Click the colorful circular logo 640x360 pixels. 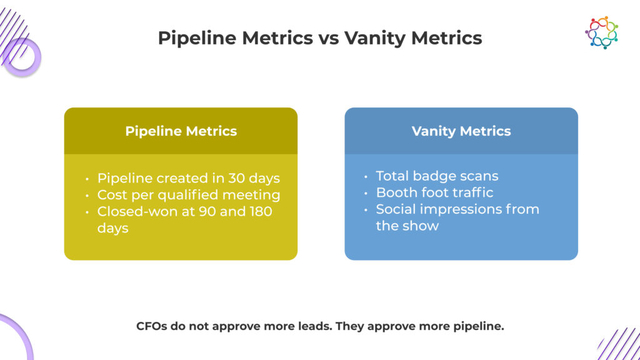coord(601,32)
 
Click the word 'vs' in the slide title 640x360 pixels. coord(329,38)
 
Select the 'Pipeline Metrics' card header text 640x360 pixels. coord(181,131)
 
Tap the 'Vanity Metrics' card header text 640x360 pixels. coord(461,131)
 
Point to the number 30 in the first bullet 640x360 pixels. coord(236,178)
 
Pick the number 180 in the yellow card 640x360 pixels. coord(261,211)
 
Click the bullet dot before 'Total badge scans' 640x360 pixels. coord(366,177)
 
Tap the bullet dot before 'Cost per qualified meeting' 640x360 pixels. coord(87,196)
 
